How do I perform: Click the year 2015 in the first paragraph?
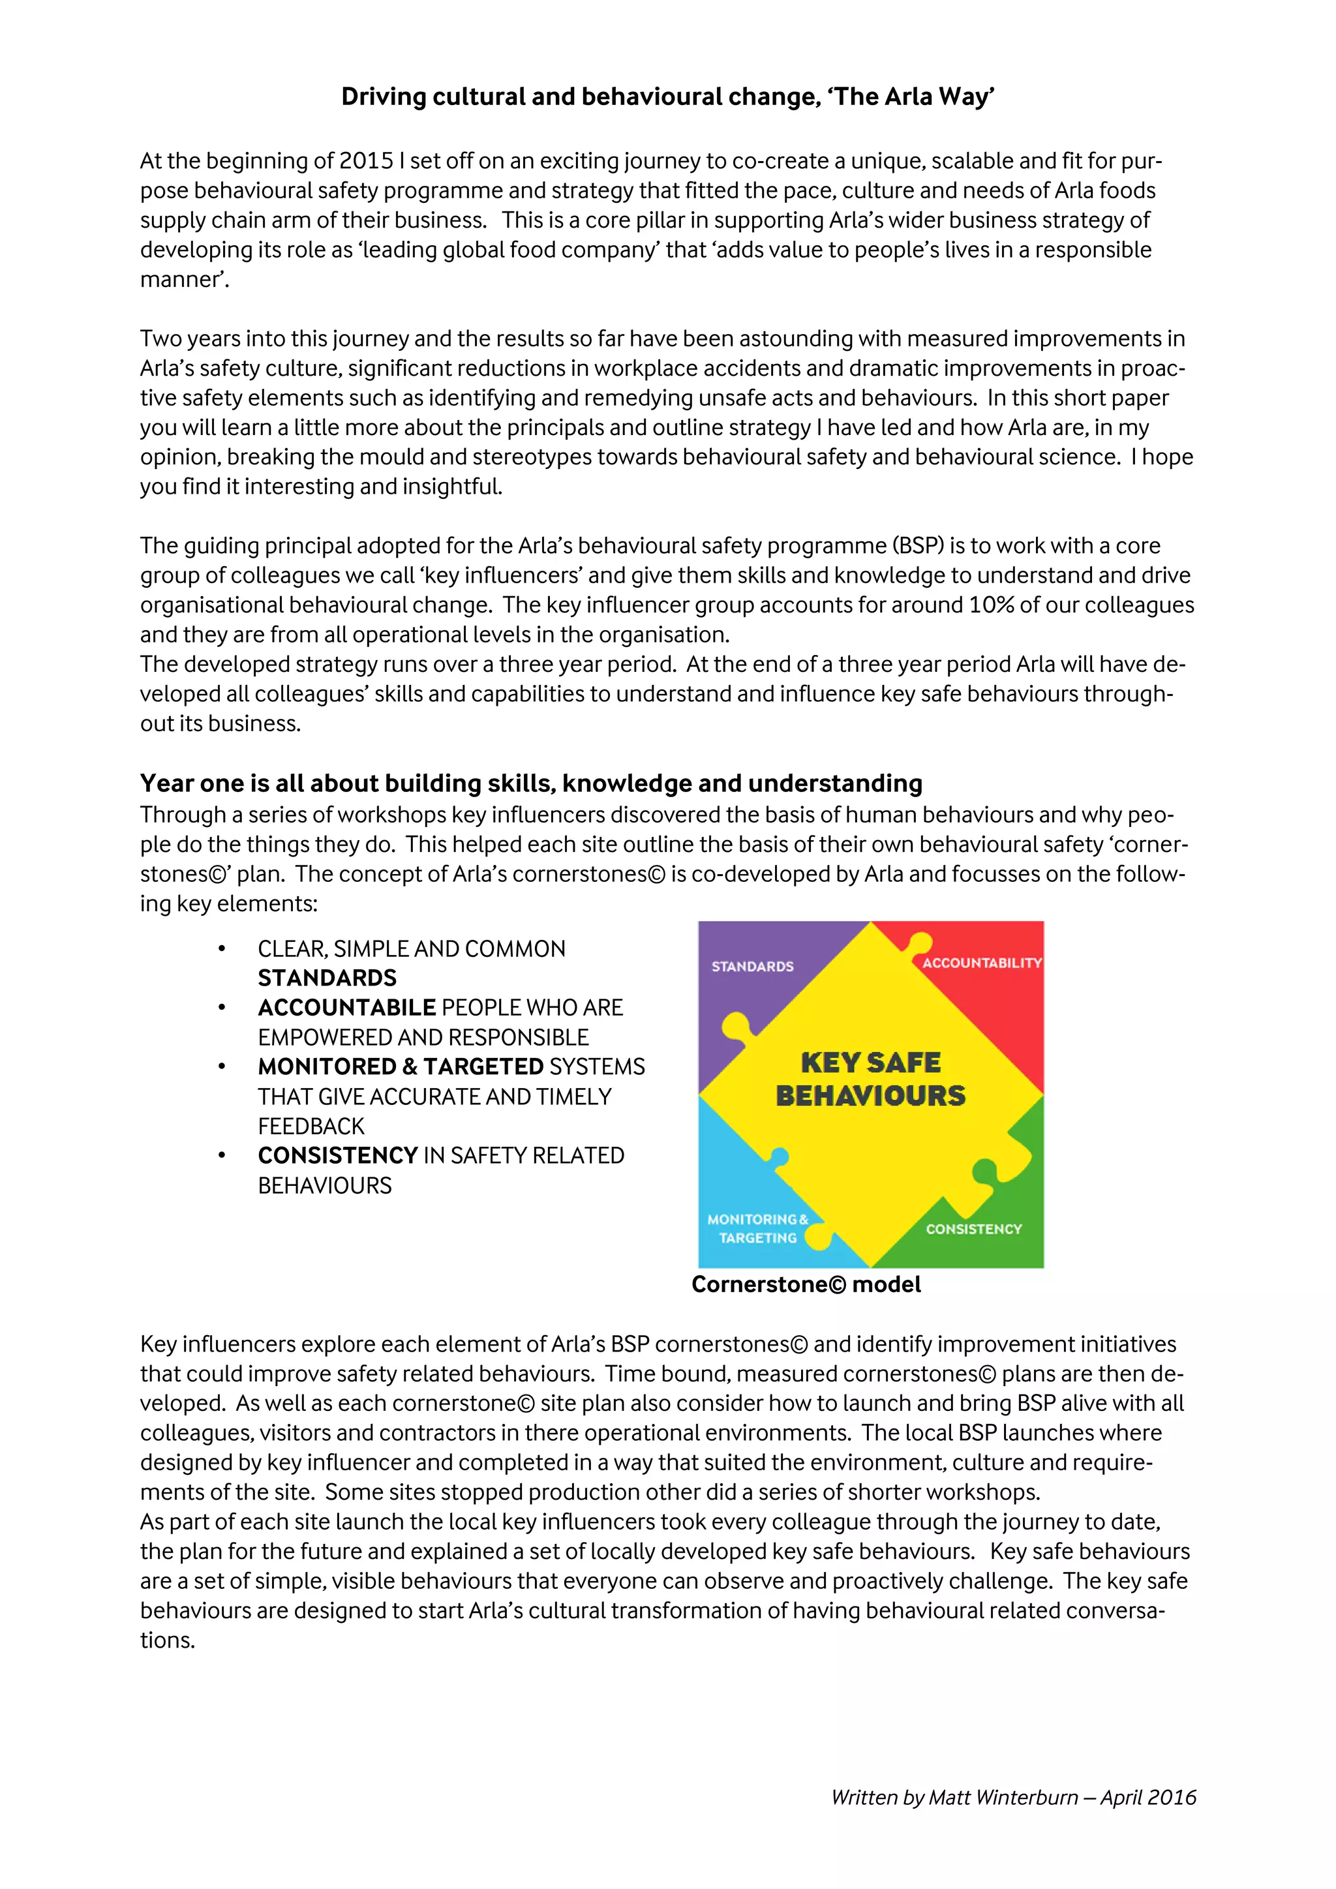point(366,161)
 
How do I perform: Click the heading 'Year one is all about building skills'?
point(530,783)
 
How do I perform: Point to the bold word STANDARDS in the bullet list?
point(327,978)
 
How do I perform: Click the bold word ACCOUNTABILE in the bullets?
point(346,1008)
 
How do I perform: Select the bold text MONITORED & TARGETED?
point(400,1067)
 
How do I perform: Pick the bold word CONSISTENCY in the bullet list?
point(337,1156)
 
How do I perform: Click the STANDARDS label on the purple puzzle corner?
point(752,967)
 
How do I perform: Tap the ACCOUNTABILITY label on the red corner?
point(980,963)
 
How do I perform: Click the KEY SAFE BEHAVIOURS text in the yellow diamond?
point(870,1080)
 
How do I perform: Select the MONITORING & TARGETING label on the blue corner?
point(757,1228)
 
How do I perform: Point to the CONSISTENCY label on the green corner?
point(973,1229)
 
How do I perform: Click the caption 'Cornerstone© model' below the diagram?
point(806,1284)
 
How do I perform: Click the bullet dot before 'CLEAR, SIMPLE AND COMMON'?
point(221,950)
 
